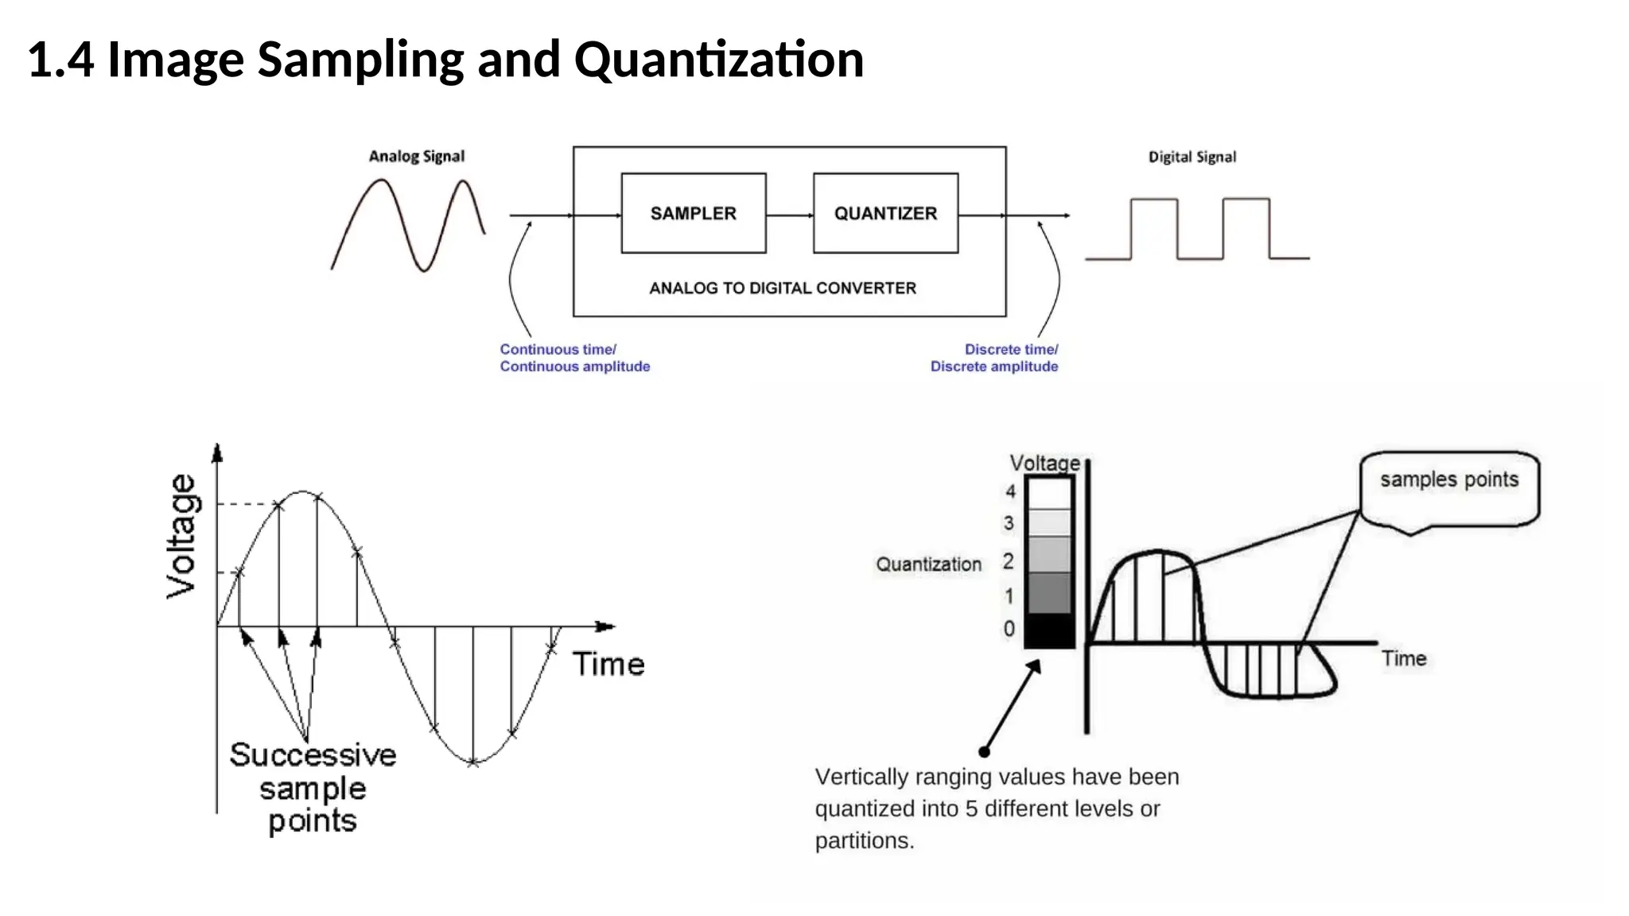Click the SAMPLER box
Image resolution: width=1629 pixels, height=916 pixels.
tap(693, 213)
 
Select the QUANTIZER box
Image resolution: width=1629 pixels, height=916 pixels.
tap(885, 213)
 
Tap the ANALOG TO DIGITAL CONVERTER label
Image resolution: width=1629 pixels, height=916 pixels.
tap(783, 288)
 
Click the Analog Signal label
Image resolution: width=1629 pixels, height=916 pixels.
tap(416, 157)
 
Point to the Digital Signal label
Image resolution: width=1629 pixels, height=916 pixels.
tap(1192, 157)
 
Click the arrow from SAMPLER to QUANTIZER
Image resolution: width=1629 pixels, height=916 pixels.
tap(789, 215)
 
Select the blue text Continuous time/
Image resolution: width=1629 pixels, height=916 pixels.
tap(558, 349)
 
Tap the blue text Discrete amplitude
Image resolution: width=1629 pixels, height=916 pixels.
tap(993, 367)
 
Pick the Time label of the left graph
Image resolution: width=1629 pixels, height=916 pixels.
tap(608, 664)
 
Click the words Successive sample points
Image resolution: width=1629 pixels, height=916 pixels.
tap(313, 787)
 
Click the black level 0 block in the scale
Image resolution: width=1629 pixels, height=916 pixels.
tap(1048, 631)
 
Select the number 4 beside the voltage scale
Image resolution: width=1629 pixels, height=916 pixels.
tap(1010, 491)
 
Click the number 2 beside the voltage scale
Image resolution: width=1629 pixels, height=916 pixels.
tap(1009, 561)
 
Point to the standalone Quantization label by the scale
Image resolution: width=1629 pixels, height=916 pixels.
tap(928, 565)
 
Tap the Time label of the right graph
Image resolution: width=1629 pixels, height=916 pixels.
tap(1403, 658)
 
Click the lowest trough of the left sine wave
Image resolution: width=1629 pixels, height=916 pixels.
tap(473, 763)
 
